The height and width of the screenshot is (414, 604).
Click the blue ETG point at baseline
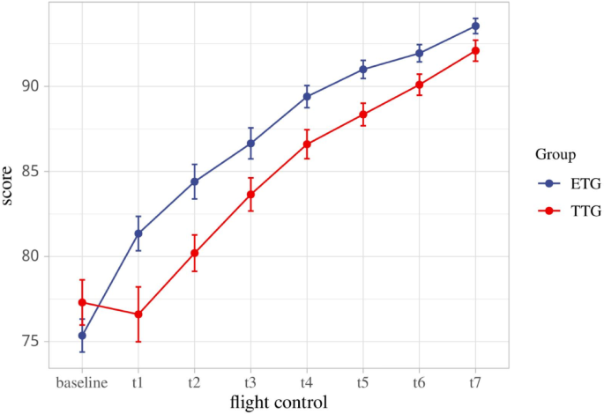pos(82,336)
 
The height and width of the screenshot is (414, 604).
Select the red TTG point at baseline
pos(82,303)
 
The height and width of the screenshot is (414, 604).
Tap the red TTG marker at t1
pos(138,314)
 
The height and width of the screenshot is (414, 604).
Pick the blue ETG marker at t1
pos(138,233)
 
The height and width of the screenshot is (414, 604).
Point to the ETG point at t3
pos(250,144)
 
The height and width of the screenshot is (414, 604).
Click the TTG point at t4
pos(307,144)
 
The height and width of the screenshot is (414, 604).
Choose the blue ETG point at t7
pos(475,26)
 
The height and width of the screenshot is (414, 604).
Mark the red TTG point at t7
pos(475,51)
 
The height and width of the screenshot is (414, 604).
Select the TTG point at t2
pos(194,253)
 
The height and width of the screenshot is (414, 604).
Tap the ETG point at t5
pos(363,70)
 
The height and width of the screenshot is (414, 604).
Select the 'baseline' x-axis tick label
pos(82,383)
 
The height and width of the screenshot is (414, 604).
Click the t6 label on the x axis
pos(419,383)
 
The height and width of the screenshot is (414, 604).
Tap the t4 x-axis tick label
pos(307,383)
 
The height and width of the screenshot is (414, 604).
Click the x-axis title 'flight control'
pos(279,403)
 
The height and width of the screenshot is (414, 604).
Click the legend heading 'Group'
pos(556,155)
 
